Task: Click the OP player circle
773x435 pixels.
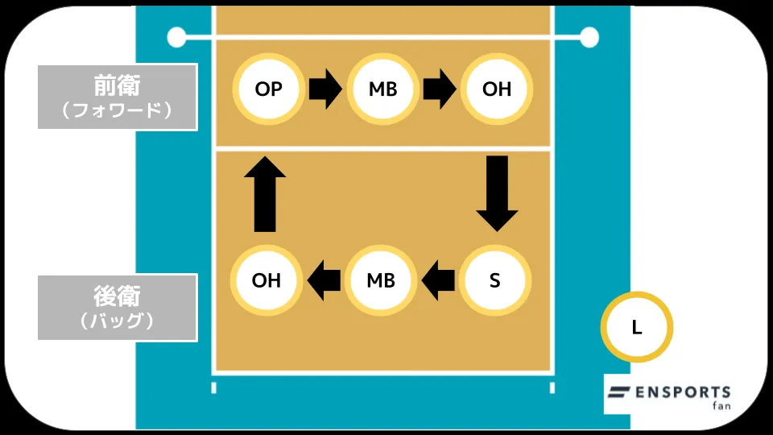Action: pyautogui.click(x=268, y=89)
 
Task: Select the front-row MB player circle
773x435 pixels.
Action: pyautogui.click(x=382, y=89)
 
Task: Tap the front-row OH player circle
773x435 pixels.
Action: pyautogui.click(x=497, y=89)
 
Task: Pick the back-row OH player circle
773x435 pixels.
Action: pyautogui.click(x=267, y=280)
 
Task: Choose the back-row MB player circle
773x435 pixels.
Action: pyautogui.click(x=381, y=280)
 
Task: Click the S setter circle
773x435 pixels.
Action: pyautogui.click(x=495, y=280)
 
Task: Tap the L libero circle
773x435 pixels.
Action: pyautogui.click(x=636, y=327)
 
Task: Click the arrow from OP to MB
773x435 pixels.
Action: pyautogui.click(x=325, y=89)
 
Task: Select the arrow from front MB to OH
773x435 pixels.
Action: pyautogui.click(x=440, y=89)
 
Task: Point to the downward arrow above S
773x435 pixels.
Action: pyautogui.click(x=497, y=194)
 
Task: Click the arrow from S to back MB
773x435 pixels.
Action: pyautogui.click(x=438, y=280)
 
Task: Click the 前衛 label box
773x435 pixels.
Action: pyautogui.click(x=118, y=97)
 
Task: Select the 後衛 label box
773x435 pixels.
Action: pyautogui.click(x=118, y=307)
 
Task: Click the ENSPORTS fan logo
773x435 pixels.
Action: pyautogui.click(x=668, y=395)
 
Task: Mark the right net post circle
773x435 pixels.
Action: pyautogui.click(x=589, y=36)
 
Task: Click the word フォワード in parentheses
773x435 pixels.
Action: pyautogui.click(x=118, y=111)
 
